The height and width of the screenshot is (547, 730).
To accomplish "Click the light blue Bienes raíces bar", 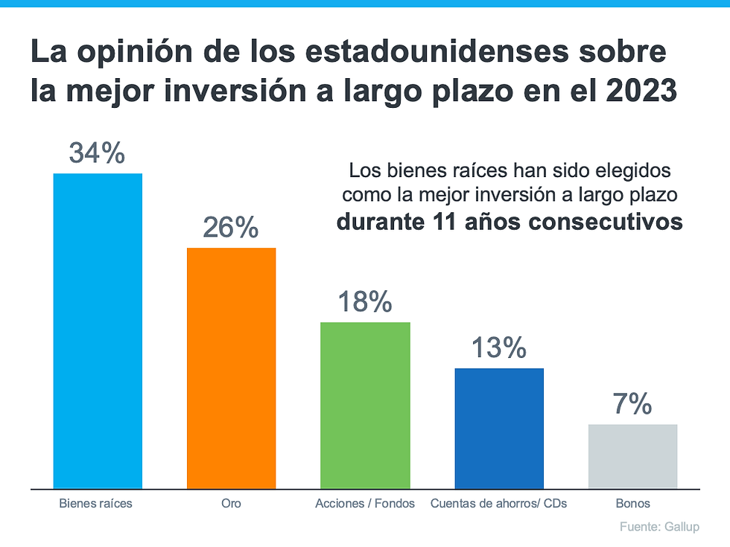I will pyautogui.click(x=98, y=331).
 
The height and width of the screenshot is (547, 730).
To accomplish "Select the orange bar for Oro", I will pyautogui.click(x=231, y=368).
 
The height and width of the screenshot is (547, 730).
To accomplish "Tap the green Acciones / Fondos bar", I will pyautogui.click(x=365, y=406).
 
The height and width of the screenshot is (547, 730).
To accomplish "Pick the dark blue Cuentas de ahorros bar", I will pyautogui.click(x=499, y=429).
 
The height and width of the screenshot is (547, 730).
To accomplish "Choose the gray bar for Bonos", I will pyautogui.click(x=632, y=456).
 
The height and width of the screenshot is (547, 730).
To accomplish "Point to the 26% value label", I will pyautogui.click(x=231, y=227).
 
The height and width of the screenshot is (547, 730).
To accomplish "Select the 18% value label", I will pyautogui.click(x=365, y=301).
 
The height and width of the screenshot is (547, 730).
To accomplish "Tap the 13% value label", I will pyautogui.click(x=498, y=348).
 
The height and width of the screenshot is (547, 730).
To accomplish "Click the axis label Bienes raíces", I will pyautogui.click(x=95, y=504).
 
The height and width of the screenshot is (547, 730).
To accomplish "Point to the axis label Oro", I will pyautogui.click(x=231, y=504).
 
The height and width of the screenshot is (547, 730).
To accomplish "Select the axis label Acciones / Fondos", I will pyautogui.click(x=365, y=504).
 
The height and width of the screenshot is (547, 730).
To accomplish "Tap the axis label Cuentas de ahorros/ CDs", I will pyautogui.click(x=498, y=504).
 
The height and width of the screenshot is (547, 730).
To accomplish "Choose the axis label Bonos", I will pyautogui.click(x=632, y=504).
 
